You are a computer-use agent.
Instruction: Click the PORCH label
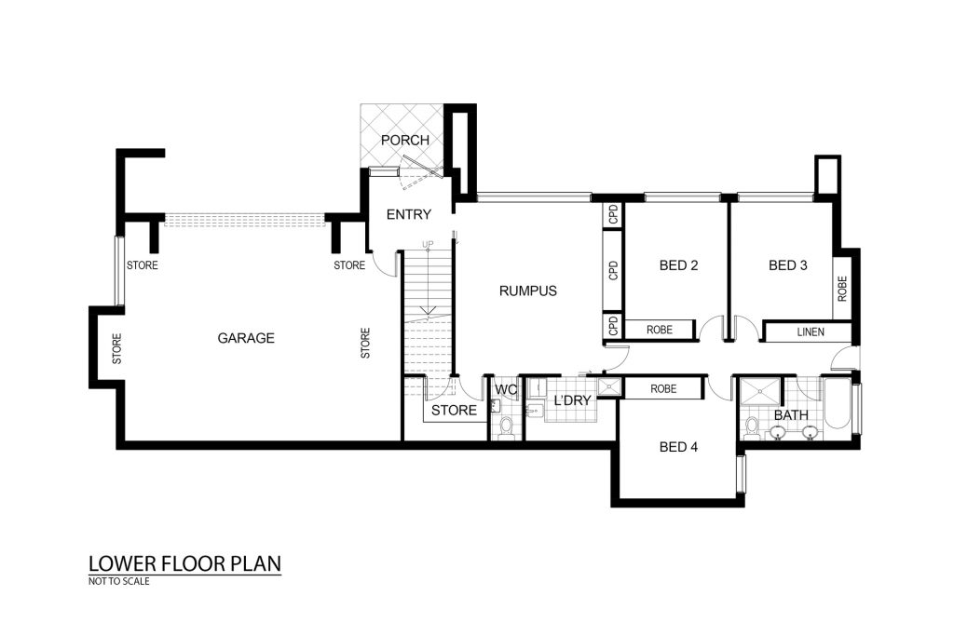pyautogui.click(x=404, y=140)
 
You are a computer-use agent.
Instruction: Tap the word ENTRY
pyautogui.click(x=409, y=214)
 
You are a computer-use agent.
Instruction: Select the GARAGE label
pyautogui.click(x=246, y=338)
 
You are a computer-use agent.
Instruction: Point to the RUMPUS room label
pyautogui.click(x=527, y=291)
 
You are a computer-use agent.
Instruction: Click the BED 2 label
pyautogui.click(x=678, y=265)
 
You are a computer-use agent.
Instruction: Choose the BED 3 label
pyautogui.click(x=788, y=265)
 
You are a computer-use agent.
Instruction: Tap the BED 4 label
pyautogui.click(x=678, y=447)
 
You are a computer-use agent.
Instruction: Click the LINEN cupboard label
pyautogui.click(x=811, y=332)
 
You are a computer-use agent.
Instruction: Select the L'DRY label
pyautogui.click(x=572, y=400)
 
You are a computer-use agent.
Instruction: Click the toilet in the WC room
pyautogui.click(x=506, y=427)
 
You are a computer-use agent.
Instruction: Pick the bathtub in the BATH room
pyautogui.click(x=837, y=406)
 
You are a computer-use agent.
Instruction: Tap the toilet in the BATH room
pyautogui.click(x=752, y=427)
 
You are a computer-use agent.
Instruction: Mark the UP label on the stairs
pyautogui.click(x=428, y=244)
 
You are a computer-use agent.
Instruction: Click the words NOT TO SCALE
pyautogui.click(x=118, y=581)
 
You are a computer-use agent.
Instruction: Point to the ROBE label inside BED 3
pyautogui.click(x=842, y=289)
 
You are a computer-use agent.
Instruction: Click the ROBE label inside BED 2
pyautogui.click(x=660, y=330)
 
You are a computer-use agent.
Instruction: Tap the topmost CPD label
pyautogui.click(x=613, y=214)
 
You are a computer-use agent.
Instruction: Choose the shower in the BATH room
pyautogui.click(x=760, y=391)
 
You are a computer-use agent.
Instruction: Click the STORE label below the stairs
pyautogui.click(x=454, y=411)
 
